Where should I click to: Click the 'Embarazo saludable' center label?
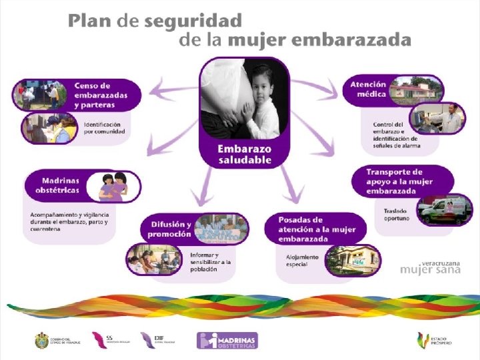tap(245, 154)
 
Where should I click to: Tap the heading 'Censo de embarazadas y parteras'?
tap(101, 95)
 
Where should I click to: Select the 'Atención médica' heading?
tap(368, 90)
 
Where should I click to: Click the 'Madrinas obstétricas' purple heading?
tap(61, 185)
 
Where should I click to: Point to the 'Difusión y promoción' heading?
tap(169, 229)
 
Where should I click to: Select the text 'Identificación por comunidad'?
tap(105, 127)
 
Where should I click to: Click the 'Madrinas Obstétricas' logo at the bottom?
tap(228, 341)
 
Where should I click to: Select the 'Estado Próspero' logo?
tap(434, 341)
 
